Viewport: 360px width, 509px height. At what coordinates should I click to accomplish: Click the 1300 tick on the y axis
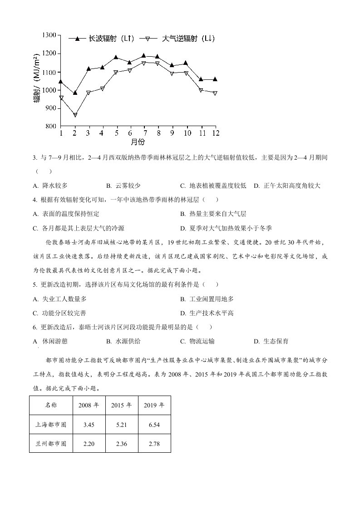[x=48, y=35]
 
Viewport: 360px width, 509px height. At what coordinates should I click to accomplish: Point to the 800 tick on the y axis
[x=49, y=126]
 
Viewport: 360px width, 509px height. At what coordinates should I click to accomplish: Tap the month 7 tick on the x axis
[x=144, y=132]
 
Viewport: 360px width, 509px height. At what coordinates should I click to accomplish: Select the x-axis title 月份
[x=138, y=142]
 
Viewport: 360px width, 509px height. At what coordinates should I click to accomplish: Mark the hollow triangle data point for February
[x=75, y=115]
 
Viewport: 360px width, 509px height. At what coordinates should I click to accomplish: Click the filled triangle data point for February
[x=75, y=93]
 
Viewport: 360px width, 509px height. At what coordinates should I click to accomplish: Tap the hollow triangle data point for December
[x=215, y=93]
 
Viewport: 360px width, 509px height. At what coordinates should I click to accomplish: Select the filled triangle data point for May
[x=116, y=58]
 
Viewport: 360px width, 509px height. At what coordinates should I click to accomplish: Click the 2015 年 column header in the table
[x=121, y=405]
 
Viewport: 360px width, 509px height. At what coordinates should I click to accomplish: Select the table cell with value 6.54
[x=154, y=426]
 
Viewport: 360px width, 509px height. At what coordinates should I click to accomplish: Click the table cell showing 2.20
[x=89, y=444]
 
